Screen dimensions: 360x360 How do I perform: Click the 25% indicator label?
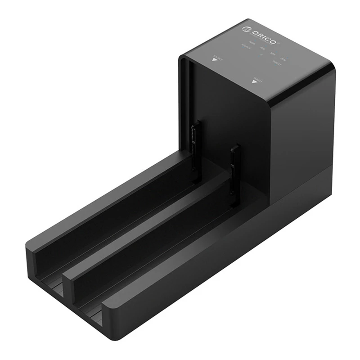[x=283, y=58]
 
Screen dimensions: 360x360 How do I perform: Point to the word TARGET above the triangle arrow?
[x=257, y=77]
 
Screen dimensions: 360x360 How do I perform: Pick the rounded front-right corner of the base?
[x=110, y=315]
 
